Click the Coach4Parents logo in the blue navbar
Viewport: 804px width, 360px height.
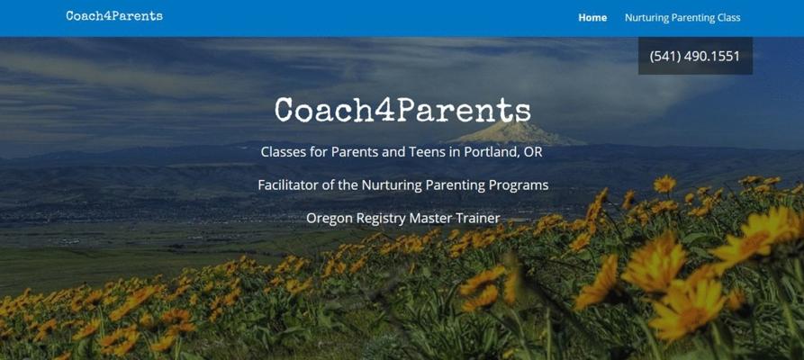click(x=114, y=16)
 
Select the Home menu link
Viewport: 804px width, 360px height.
click(x=592, y=17)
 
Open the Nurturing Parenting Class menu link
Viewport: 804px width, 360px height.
click(x=682, y=18)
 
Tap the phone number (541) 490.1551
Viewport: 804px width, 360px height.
click(x=695, y=56)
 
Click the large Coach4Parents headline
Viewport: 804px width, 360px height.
click(x=403, y=110)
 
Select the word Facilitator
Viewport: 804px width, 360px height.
click(x=287, y=184)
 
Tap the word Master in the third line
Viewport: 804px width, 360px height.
click(x=429, y=218)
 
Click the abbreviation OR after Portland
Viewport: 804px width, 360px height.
click(x=533, y=152)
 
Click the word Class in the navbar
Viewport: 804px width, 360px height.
click(x=728, y=17)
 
